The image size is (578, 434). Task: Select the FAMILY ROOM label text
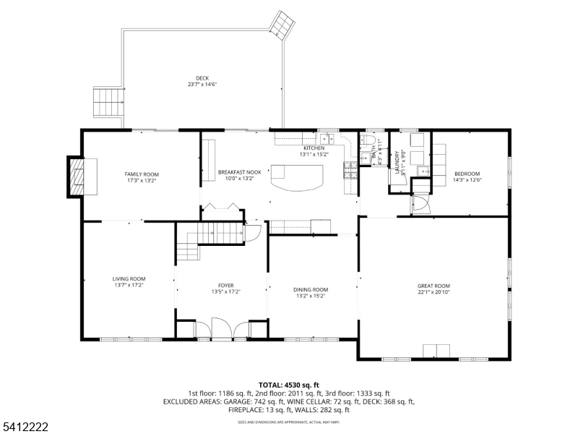click(x=142, y=174)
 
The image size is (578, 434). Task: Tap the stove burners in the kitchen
click(x=349, y=170)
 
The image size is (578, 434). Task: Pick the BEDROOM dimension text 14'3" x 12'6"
click(x=467, y=180)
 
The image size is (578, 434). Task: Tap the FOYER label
click(x=225, y=286)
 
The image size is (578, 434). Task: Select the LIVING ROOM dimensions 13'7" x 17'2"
click(x=129, y=285)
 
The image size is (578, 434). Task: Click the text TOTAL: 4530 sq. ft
click(x=289, y=385)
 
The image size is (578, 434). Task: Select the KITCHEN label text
click(x=314, y=148)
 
